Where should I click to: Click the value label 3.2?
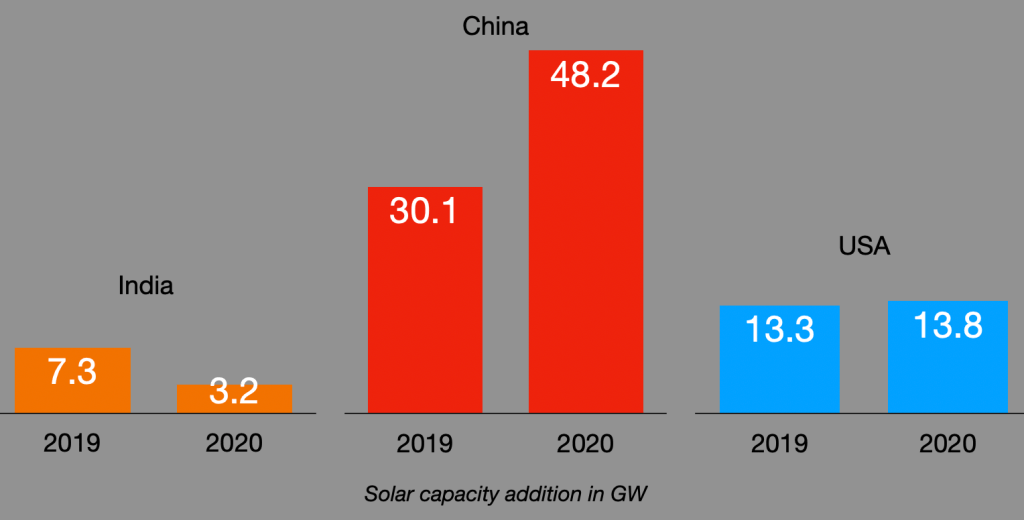pyautogui.click(x=234, y=391)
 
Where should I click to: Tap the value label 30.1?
pyautogui.click(x=424, y=212)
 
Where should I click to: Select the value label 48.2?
pyautogui.click(x=586, y=75)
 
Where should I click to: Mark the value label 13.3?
pyautogui.click(x=779, y=329)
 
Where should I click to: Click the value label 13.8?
pyautogui.click(x=947, y=325)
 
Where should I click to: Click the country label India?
pyautogui.click(x=146, y=286)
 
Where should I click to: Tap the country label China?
pyautogui.click(x=495, y=27)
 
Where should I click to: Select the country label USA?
pyautogui.click(x=864, y=246)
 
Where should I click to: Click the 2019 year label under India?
pyautogui.click(x=72, y=443)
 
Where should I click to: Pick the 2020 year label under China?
pyautogui.click(x=586, y=443)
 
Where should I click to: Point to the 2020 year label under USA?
pyautogui.click(x=947, y=443)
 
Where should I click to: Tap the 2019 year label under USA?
pyautogui.click(x=779, y=443)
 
